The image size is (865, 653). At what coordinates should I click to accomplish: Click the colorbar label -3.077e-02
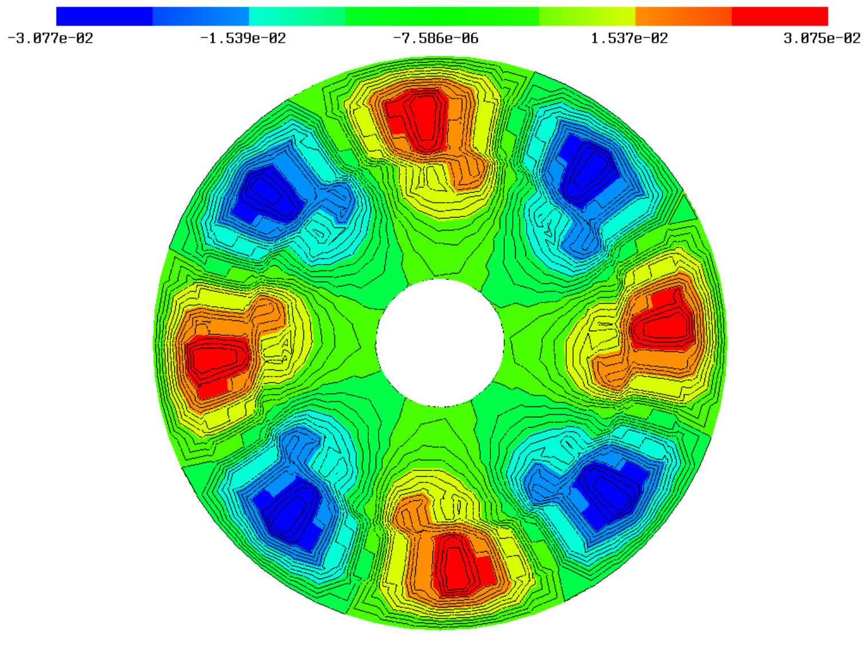tap(50, 38)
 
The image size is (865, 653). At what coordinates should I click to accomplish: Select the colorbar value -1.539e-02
tap(243, 38)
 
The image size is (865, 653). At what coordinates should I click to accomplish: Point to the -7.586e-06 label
tap(435, 38)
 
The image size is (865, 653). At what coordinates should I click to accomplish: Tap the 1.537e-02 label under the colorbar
tap(629, 38)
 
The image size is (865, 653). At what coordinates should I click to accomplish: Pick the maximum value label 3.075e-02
tap(822, 38)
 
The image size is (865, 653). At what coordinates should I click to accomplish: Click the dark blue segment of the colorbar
tap(104, 16)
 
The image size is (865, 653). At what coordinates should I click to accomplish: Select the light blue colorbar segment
tap(201, 16)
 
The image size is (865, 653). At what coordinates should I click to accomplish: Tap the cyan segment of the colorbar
tap(297, 16)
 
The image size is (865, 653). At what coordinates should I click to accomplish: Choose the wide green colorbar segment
tap(442, 16)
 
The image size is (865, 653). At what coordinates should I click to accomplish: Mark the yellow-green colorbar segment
tap(587, 16)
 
